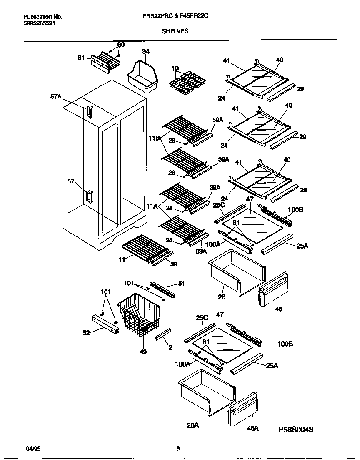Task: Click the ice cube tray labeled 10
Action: point(184,80)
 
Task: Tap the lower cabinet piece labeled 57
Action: point(89,196)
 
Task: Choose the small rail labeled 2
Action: point(163,334)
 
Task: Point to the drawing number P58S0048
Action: point(296,429)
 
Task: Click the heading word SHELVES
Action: point(175,31)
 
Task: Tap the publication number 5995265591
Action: point(39,23)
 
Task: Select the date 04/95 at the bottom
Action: point(33,449)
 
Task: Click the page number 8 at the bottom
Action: point(178,449)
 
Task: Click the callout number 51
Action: point(181,284)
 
